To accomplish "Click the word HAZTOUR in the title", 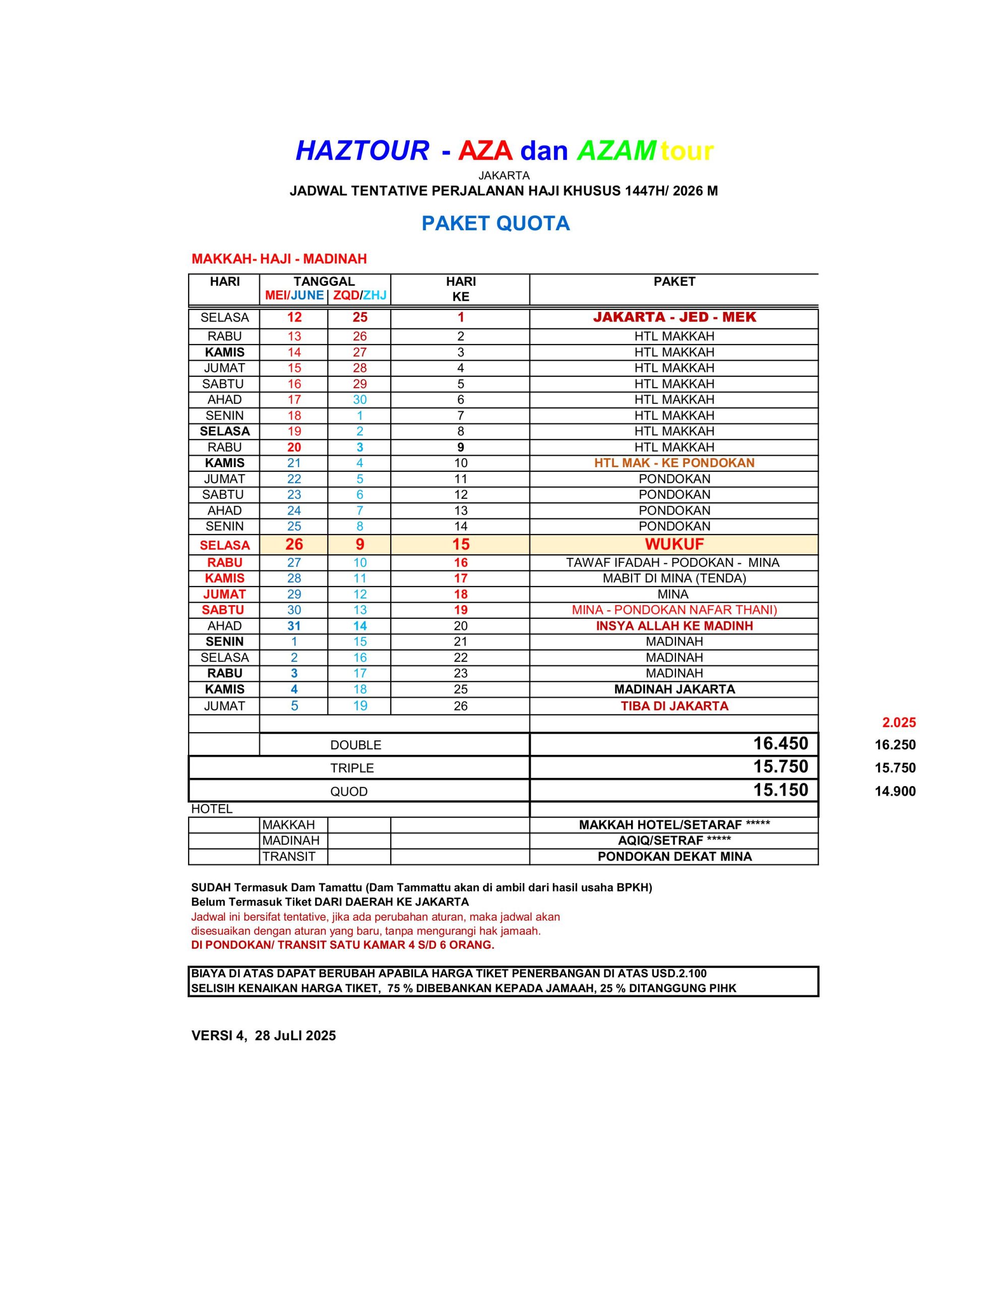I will tap(362, 151).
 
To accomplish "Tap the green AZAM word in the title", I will tap(616, 151).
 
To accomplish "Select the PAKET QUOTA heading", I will tap(495, 223).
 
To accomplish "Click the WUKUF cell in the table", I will tap(674, 544).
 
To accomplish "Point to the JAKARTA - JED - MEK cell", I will tap(674, 317).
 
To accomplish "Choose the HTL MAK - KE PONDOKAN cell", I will tap(674, 463).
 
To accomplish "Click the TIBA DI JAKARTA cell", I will tap(674, 706).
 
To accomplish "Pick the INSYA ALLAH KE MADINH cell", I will tap(674, 626).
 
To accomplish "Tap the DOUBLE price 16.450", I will tap(780, 744).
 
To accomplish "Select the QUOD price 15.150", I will tap(780, 790).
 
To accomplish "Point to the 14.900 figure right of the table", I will tap(895, 792).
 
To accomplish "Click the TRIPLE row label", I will tap(352, 768).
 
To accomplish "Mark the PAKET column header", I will tap(674, 282).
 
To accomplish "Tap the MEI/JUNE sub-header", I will tap(294, 295).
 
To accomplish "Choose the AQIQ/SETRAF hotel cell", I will tap(674, 841).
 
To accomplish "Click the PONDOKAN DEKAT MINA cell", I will tap(674, 857).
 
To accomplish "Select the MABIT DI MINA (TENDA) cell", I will tap(674, 578).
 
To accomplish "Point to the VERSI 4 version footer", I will tap(264, 1036).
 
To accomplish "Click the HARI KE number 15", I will tap(460, 544).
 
